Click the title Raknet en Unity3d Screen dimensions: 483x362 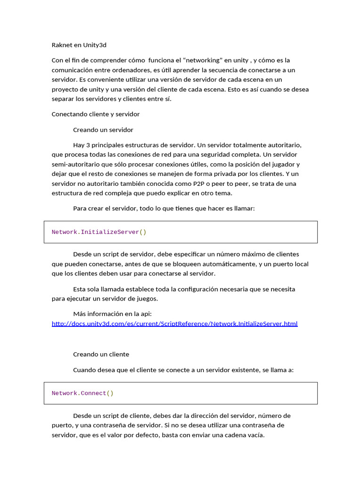79,45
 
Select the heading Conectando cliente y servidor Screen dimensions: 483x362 95,114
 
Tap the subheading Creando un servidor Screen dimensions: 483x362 103,130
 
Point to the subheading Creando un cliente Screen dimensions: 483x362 101,354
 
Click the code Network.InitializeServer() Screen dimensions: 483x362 99,232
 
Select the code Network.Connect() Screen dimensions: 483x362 82,393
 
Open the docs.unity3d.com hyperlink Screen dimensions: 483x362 174,324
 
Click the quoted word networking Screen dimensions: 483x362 202,60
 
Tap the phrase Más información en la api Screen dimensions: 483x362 112,314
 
